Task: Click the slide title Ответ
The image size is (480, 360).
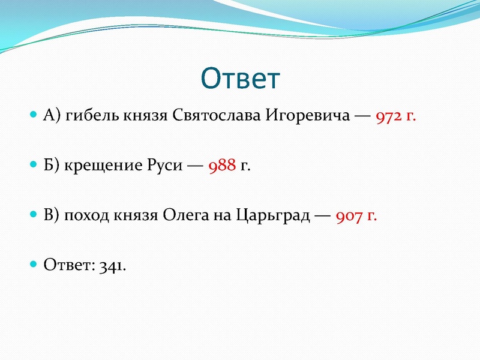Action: point(240,79)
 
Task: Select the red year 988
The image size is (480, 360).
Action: point(222,166)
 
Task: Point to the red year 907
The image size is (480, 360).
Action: point(349,215)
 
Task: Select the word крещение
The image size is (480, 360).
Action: point(105,166)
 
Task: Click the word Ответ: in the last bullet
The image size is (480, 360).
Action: point(67,265)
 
